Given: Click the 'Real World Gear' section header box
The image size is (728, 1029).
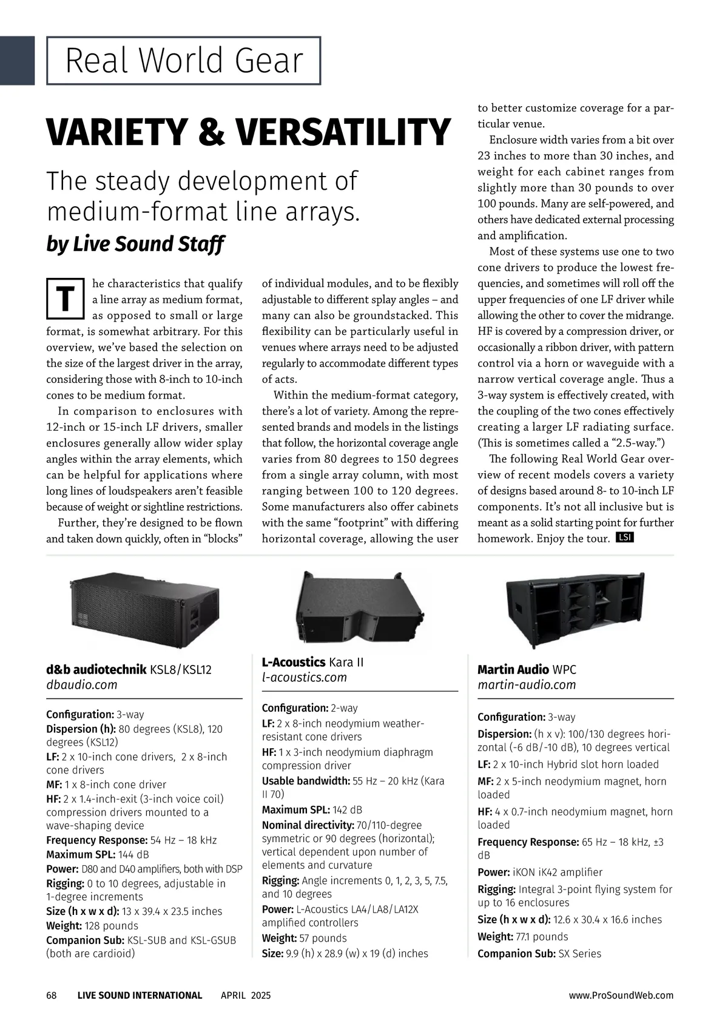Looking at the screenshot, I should pyautogui.click(x=183, y=61).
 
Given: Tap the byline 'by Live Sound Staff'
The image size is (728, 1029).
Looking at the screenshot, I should pyautogui.click(x=135, y=244).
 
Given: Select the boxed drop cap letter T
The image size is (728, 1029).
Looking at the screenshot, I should pyautogui.click(x=64, y=299).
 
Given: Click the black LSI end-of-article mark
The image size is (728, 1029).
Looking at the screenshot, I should pyautogui.click(x=624, y=538).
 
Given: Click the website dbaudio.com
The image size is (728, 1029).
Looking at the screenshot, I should pyautogui.click(x=82, y=685).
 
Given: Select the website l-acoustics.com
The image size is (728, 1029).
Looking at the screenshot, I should pyautogui.click(x=305, y=678).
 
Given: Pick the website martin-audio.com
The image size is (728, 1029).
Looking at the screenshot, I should pyautogui.click(x=527, y=685).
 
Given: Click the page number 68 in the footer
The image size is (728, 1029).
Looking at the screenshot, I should pyautogui.click(x=52, y=996).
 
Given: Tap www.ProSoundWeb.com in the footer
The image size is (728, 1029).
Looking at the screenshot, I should pyautogui.click(x=621, y=996).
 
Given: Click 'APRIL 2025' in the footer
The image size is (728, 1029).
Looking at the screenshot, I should pyautogui.click(x=246, y=996).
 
